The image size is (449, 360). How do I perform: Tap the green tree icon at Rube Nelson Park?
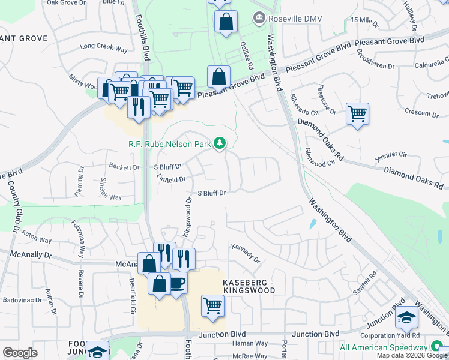click(220, 142)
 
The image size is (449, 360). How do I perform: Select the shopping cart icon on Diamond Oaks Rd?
click(357, 113)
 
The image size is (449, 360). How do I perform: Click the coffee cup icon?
click(178, 283)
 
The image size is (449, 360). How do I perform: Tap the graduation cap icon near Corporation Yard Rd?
click(406, 318)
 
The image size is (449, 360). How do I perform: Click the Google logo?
click(20, 353)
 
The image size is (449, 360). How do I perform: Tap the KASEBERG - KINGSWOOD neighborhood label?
click(249, 286)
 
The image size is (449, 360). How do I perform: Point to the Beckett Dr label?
click(124, 167)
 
